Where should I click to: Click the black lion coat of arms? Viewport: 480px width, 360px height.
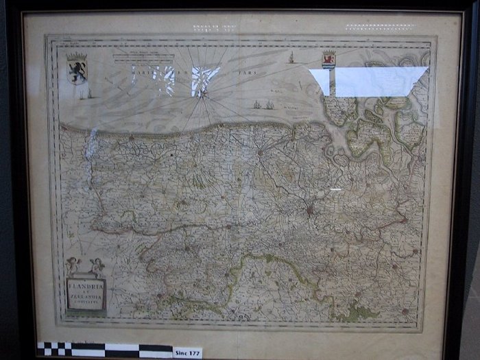(x=77, y=71)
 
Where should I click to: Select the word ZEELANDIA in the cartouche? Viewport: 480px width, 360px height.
(x=86, y=296)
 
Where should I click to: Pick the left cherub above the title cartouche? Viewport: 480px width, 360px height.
(x=73, y=265)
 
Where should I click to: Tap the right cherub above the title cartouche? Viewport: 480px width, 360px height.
(x=97, y=265)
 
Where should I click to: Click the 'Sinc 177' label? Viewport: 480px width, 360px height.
(x=188, y=352)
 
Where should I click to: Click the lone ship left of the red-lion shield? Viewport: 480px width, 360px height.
(x=291, y=58)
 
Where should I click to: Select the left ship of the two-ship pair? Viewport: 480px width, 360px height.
(x=257, y=105)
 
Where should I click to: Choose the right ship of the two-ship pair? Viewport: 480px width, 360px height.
(x=269, y=105)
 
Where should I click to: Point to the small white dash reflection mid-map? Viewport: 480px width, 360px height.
(x=335, y=189)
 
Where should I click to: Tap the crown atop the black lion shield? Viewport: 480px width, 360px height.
(x=77, y=57)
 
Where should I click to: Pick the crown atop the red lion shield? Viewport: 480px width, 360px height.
(x=329, y=53)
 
